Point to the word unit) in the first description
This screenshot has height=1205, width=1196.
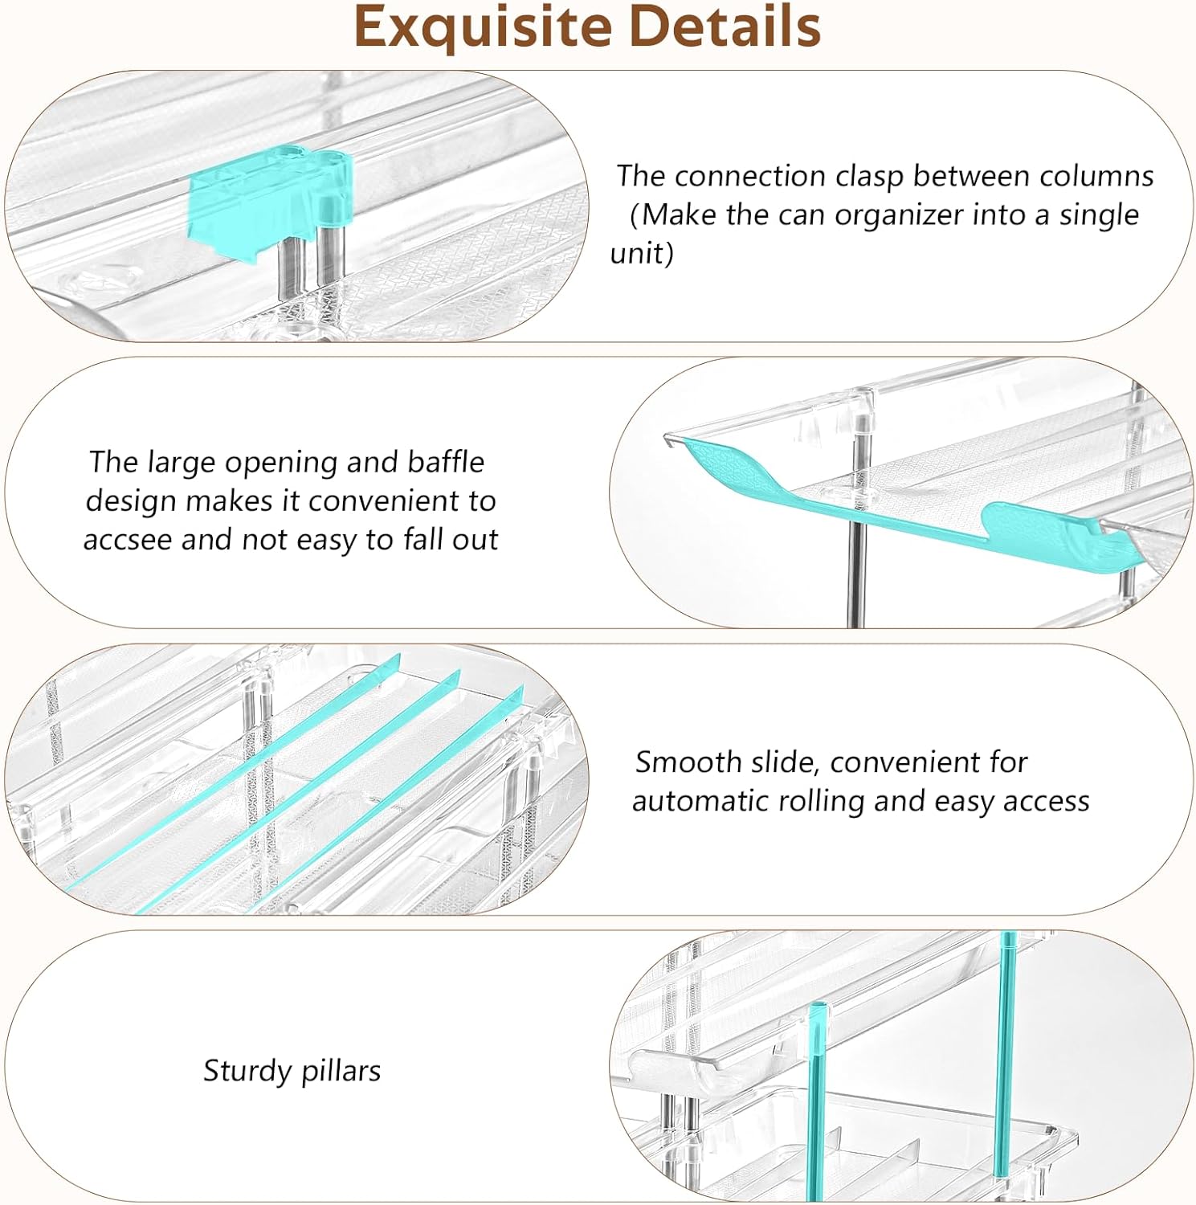[642, 254]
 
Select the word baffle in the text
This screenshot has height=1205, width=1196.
[446, 462]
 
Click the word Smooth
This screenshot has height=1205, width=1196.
[688, 762]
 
